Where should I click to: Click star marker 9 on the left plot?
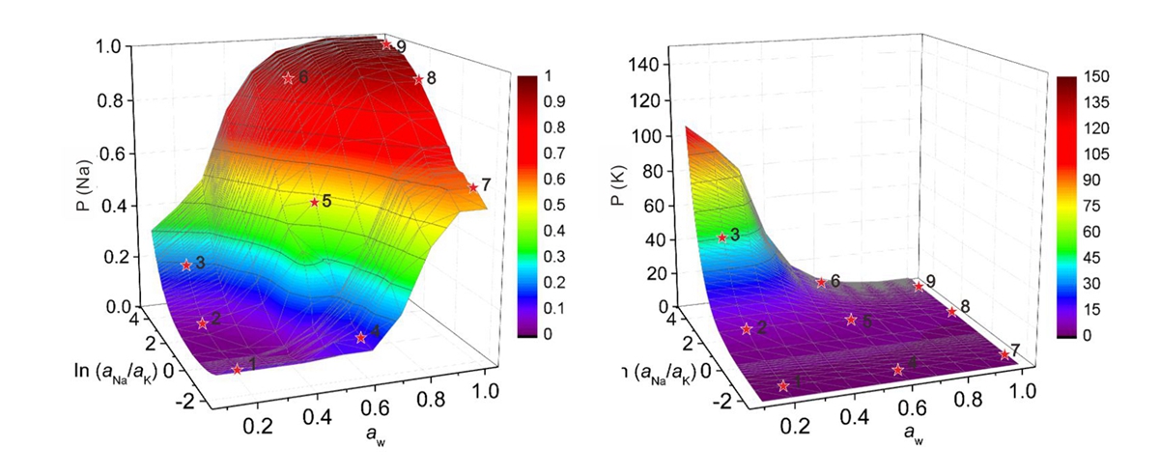386,44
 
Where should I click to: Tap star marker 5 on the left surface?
314,202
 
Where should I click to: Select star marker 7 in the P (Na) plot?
473,187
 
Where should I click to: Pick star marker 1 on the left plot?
237,368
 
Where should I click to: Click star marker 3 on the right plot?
721,237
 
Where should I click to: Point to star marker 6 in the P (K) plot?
821,282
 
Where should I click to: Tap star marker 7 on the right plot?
1004,354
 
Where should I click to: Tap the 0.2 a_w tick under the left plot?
259,426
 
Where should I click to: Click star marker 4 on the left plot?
360,337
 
